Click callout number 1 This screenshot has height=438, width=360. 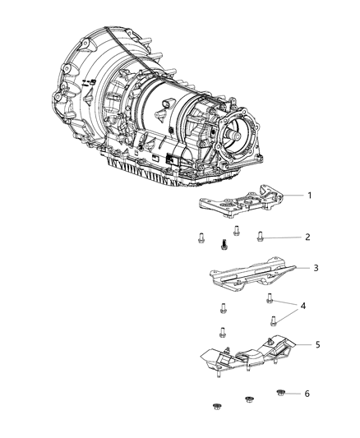click(x=310, y=196)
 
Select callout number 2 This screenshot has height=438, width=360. click(x=307, y=237)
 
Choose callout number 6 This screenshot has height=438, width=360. click(x=307, y=394)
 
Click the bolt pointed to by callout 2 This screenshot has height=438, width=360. click(x=260, y=236)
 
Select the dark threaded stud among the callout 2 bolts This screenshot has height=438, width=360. click(x=223, y=243)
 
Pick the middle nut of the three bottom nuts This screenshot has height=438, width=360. click(x=248, y=399)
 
